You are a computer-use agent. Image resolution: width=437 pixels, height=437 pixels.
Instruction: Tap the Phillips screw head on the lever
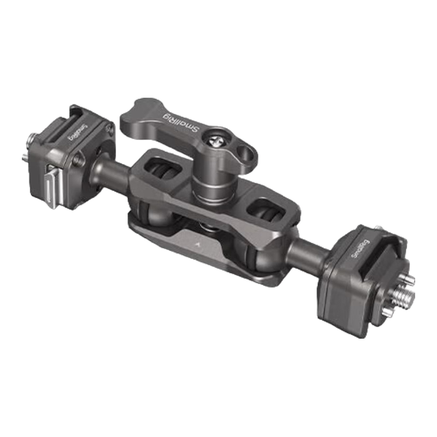point(217,140)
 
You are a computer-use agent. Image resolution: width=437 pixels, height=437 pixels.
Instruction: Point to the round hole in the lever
point(245,152)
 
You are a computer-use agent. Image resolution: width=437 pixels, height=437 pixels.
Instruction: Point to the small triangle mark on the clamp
point(198,244)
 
